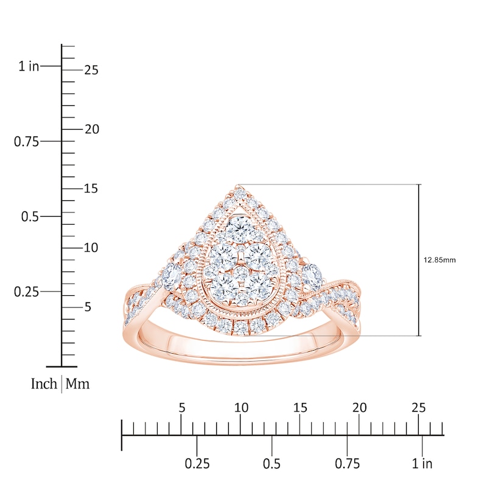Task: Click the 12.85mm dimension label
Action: pos(439,260)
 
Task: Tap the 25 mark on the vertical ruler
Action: pos(91,70)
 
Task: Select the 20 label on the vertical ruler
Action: pos(91,129)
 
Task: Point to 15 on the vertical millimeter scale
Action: pos(91,189)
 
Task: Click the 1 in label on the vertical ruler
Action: pos(29,66)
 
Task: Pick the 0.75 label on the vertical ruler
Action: pos(26,141)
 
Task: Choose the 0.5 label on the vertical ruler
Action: pos(29,216)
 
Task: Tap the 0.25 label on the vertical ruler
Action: pos(26,292)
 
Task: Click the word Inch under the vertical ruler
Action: pos(44,384)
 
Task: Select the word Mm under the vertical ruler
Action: pos(77,384)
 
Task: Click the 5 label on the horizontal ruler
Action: pos(181,407)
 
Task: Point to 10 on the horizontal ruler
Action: pos(241,407)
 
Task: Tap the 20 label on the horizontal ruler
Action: pos(360,407)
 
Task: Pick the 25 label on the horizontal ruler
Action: pos(419,407)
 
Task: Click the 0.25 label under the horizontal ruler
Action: pos(197,464)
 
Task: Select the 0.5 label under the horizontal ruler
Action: pos(272,464)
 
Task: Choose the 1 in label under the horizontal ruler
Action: pos(422,464)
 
